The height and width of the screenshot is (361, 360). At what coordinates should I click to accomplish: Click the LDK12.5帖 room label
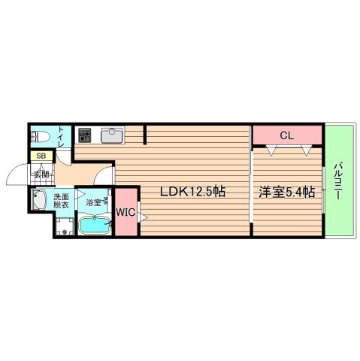click(x=192, y=192)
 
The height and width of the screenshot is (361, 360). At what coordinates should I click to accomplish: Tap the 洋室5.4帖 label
click(x=286, y=192)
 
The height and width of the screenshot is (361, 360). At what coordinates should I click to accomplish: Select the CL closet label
click(x=286, y=135)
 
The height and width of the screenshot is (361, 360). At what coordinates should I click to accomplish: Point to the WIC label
click(x=126, y=213)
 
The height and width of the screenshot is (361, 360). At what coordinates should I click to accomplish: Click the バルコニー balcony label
click(x=339, y=180)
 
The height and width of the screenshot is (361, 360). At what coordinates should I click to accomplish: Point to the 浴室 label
click(x=94, y=202)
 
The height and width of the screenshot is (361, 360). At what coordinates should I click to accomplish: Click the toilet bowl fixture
click(x=41, y=137)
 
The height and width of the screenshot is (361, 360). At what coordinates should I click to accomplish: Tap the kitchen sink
click(x=111, y=135)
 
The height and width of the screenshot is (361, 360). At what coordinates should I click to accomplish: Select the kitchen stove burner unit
click(x=84, y=136)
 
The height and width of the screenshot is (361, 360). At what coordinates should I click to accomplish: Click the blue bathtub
click(x=95, y=223)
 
